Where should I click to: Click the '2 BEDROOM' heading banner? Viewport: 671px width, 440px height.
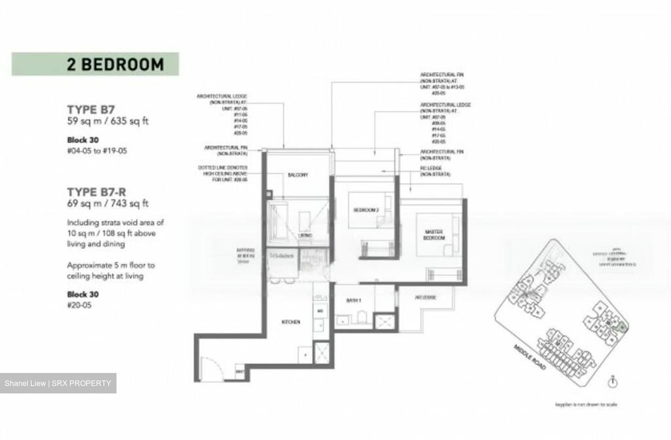pos(95,64)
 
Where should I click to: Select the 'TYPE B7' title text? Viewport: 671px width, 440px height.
pos(90,110)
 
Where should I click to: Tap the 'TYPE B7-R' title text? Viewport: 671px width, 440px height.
pos(96,192)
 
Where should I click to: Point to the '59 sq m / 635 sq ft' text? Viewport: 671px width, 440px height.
pos(108,122)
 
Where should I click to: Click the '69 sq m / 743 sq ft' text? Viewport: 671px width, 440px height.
pos(108,203)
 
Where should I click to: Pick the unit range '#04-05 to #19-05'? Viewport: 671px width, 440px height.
pos(97,151)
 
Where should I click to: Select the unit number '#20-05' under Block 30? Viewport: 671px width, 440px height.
pos(79,305)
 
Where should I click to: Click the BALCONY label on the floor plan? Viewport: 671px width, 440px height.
pos(298,175)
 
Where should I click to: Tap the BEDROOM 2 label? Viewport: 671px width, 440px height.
pos(366,210)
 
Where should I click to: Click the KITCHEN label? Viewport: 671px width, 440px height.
pos(291,322)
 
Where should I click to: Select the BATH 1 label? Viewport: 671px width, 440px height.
pos(354,301)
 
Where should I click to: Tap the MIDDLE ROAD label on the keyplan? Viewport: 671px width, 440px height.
pos(530,357)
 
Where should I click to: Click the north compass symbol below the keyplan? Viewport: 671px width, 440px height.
pos(613,382)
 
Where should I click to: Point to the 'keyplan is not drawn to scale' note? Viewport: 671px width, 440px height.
pos(586,405)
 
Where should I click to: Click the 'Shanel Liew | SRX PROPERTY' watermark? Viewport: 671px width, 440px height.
pos(58,383)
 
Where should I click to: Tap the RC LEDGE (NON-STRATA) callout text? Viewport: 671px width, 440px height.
pos(435,171)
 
